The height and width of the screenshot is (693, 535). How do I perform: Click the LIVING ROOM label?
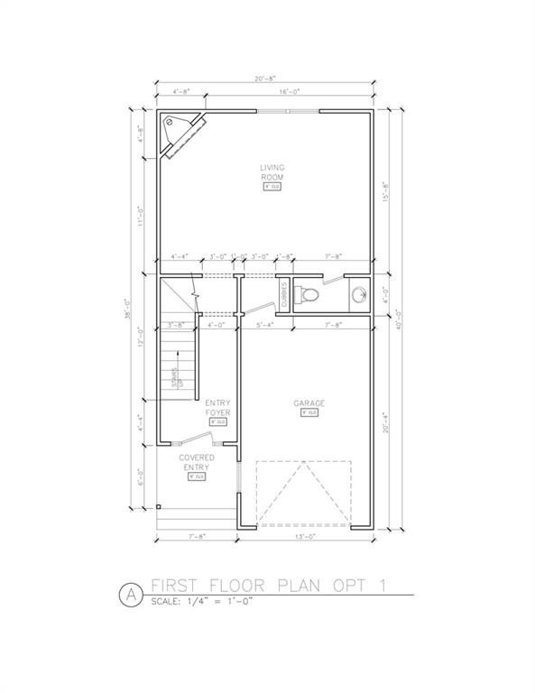point(272,172)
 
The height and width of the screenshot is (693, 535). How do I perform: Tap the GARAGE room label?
point(308,402)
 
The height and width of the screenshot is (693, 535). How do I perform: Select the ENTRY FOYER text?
point(217,407)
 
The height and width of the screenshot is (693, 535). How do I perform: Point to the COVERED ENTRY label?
point(196,463)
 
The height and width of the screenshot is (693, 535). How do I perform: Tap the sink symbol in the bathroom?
point(358,294)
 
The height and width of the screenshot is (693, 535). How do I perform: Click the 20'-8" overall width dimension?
point(263,79)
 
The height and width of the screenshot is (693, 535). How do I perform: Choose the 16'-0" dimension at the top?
point(289,92)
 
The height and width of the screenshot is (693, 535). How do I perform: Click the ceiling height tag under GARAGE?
point(308,412)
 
